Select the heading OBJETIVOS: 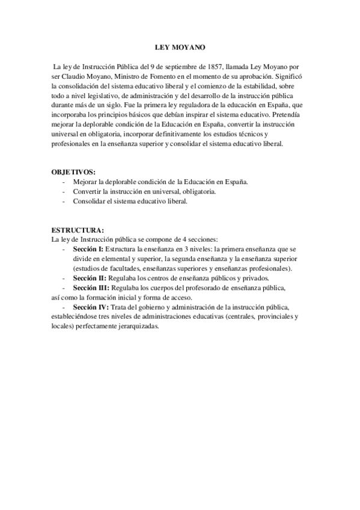pyautogui.click(x=73, y=171)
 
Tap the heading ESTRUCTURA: pyautogui.click(x=78, y=230)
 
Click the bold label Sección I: pyautogui.click(x=88, y=248)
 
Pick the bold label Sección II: pyautogui.click(x=89, y=278)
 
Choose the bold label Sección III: pyautogui.click(x=90, y=288)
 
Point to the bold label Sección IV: pyautogui.click(x=90, y=307)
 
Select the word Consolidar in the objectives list pyautogui.click(x=90, y=201)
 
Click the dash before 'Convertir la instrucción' pyautogui.click(x=63, y=191)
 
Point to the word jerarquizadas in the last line pyautogui.click(x=138, y=326)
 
